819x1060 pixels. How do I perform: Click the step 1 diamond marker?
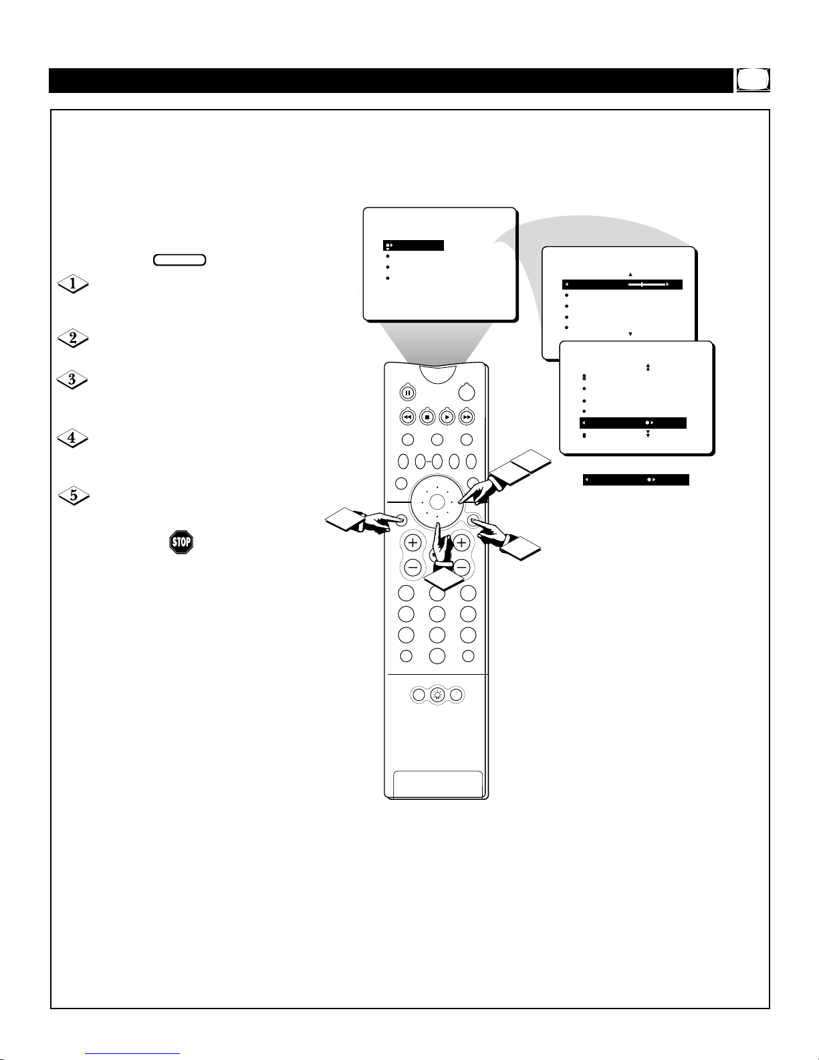[x=73, y=284]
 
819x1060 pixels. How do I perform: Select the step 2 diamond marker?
[x=73, y=338]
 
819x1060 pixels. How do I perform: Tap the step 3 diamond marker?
[x=72, y=379]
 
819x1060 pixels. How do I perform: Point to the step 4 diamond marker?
[x=72, y=438]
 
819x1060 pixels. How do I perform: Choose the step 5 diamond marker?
[x=74, y=496]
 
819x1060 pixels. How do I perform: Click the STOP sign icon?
[x=181, y=542]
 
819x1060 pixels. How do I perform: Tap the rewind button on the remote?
[x=408, y=417]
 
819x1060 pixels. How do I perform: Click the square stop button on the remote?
[x=427, y=417]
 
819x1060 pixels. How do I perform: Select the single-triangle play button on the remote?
[x=447, y=417]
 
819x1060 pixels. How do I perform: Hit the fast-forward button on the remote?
[x=467, y=417]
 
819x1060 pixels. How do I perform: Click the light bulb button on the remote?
[x=438, y=695]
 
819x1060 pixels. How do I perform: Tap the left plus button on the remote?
[x=413, y=542]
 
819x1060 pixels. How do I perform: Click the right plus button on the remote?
[x=461, y=542]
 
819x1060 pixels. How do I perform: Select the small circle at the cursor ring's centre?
[x=437, y=502]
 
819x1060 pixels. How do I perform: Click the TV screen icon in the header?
[x=753, y=80]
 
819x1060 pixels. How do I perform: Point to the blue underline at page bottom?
[x=132, y=1054]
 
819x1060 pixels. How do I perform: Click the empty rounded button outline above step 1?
[x=179, y=260]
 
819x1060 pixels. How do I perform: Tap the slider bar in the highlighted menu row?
[x=647, y=284]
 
